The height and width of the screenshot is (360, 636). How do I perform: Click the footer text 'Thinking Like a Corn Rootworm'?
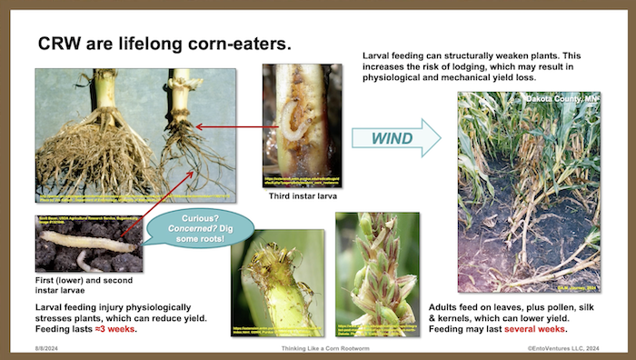point(317,348)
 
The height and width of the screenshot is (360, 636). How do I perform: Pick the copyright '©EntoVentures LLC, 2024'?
point(569,348)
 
